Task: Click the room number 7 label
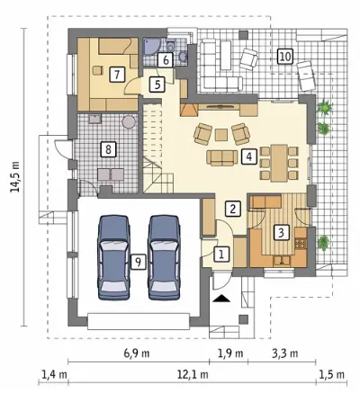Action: [117, 74]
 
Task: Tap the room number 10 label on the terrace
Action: [285, 56]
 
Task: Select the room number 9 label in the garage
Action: [138, 262]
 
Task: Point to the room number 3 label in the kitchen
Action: [281, 232]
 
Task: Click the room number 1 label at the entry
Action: [221, 255]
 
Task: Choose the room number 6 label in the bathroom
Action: [166, 60]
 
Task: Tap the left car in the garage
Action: [114, 257]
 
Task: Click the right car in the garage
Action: [164, 257]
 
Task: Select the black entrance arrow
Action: [221, 299]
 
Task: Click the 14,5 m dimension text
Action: [14, 176]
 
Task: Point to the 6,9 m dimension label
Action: [137, 353]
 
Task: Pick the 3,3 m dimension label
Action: [285, 353]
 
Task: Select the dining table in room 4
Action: [279, 163]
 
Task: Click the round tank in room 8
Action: [130, 122]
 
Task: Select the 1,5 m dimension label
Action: [331, 374]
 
